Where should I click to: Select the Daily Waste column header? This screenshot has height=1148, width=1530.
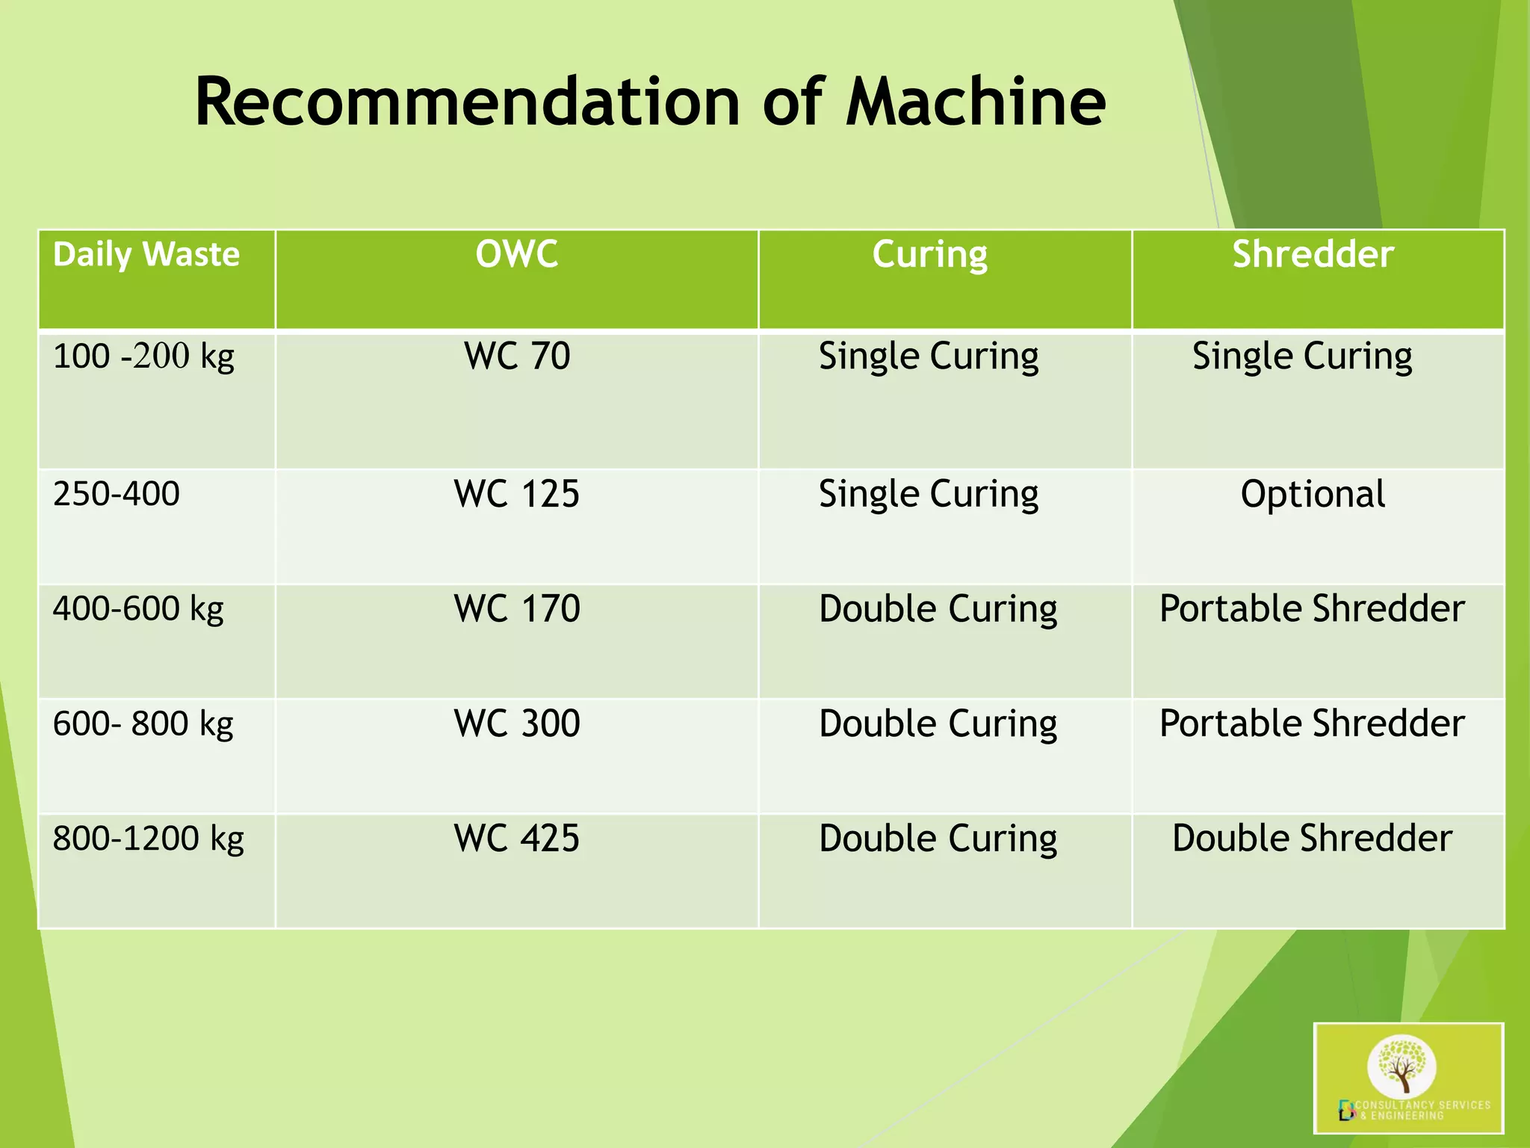click(x=146, y=255)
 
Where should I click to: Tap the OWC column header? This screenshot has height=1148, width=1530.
click(x=516, y=254)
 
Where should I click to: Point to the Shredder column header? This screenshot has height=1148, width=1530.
click(x=1313, y=254)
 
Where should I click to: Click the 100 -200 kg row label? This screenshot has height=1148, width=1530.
click(x=143, y=356)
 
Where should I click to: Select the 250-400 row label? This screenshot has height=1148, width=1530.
click(x=116, y=494)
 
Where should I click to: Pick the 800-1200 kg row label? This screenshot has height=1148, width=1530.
click(x=148, y=839)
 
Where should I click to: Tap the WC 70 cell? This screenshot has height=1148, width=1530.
click(x=516, y=356)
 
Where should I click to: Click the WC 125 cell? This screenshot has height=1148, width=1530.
click(x=516, y=494)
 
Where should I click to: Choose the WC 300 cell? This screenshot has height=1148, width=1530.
click(x=516, y=723)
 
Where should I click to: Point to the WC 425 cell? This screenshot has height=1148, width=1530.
click(x=516, y=839)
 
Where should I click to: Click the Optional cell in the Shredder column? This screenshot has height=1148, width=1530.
click(x=1313, y=494)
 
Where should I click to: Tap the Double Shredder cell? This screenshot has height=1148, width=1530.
click(x=1312, y=839)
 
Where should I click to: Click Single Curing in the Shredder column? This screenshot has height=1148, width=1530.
click(x=1301, y=357)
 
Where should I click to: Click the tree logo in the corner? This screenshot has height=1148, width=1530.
click(x=1402, y=1066)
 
